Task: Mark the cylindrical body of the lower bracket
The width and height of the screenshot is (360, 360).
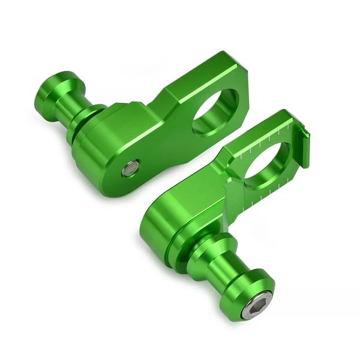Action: pyautogui.click(x=165, y=225)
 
